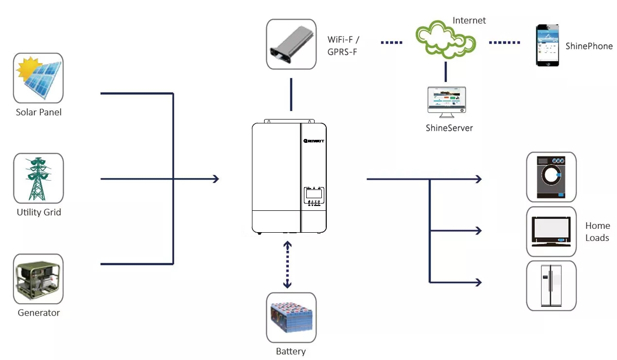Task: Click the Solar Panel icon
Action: click(38, 78)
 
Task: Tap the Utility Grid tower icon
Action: click(38, 178)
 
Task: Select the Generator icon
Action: click(38, 279)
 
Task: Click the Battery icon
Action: click(291, 318)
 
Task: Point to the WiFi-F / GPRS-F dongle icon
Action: click(291, 44)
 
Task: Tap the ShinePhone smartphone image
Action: click(547, 45)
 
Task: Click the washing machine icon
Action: click(551, 177)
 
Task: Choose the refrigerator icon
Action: click(551, 286)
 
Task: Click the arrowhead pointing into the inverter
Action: click(216, 179)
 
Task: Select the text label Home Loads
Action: click(597, 232)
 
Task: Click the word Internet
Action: click(469, 20)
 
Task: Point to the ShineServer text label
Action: click(449, 128)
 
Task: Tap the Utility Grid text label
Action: click(39, 212)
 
